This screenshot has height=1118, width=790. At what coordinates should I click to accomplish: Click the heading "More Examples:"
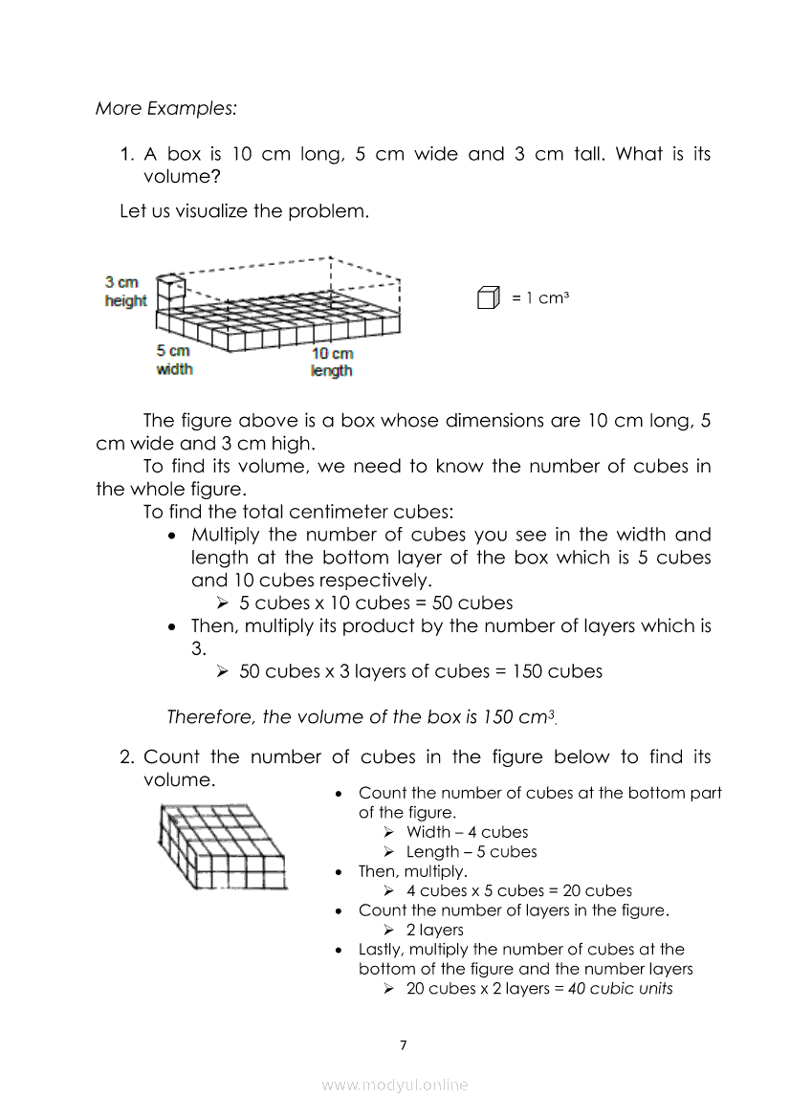click(165, 108)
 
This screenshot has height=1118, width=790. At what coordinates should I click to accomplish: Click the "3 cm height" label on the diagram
click(125, 292)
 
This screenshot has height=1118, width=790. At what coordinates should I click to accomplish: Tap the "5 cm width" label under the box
click(173, 360)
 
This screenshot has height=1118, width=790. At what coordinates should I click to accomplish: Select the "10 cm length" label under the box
click(331, 362)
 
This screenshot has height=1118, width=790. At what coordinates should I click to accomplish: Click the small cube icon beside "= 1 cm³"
click(488, 298)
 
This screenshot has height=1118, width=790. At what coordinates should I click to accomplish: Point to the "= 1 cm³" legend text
click(540, 298)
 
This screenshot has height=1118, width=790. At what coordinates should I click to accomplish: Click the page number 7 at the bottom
click(403, 1044)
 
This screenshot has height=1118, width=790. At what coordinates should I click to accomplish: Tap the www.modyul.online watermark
click(395, 1085)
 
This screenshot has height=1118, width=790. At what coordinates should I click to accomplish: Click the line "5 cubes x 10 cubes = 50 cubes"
click(376, 603)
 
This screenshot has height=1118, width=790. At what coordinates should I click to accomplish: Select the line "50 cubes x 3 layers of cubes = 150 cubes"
click(421, 671)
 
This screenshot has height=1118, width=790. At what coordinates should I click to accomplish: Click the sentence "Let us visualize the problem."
click(244, 211)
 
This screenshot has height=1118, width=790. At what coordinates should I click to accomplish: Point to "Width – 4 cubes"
click(467, 832)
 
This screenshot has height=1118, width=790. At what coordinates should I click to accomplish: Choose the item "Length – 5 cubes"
click(472, 852)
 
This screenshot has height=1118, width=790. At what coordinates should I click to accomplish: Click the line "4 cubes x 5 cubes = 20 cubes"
click(519, 891)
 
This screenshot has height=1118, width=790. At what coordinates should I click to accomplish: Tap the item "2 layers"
click(435, 931)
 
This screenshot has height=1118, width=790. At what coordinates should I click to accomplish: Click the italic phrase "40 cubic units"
click(621, 989)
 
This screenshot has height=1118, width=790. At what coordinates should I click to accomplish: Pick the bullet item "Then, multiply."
click(413, 872)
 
